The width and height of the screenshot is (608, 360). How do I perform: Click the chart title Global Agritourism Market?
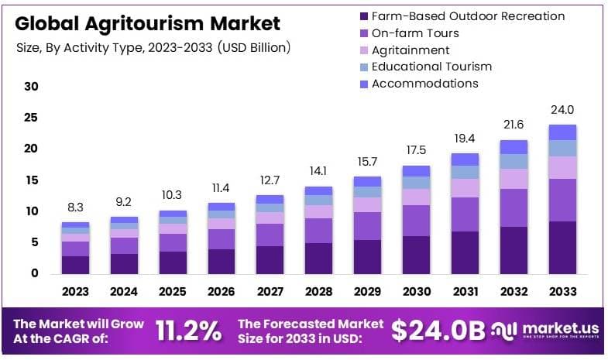[x=148, y=23]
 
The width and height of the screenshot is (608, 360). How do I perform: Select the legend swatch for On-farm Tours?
[x=363, y=33]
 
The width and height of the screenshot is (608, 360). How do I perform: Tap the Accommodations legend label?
[x=425, y=84]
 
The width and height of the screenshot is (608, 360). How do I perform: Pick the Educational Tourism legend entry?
[x=431, y=67]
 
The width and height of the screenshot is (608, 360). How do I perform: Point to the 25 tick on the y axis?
[x=31, y=118]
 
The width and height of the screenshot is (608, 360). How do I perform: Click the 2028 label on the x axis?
[x=318, y=292]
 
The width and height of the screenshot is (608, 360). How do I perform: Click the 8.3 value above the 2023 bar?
[x=76, y=207]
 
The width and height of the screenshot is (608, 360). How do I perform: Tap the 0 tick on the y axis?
[x=34, y=273]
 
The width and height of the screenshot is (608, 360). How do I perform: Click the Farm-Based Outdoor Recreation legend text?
[x=468, y=16]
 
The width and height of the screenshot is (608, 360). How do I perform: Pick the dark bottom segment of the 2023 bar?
[x=76, y=265]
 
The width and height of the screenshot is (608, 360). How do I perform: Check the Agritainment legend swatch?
[x=363, y=50]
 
